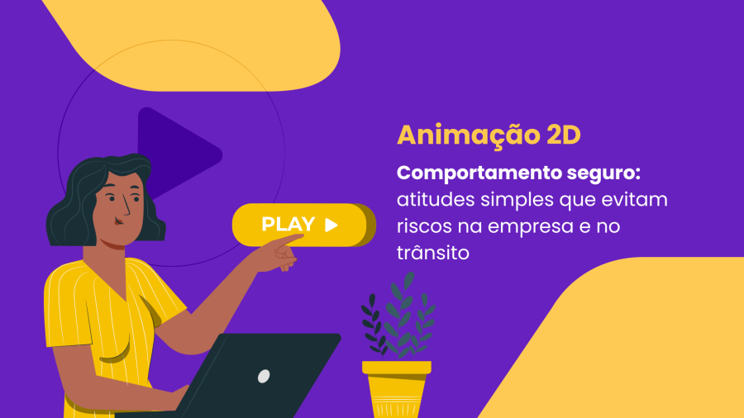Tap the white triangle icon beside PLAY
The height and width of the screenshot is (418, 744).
pos(331,225)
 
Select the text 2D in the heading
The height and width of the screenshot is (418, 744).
pos(564,135)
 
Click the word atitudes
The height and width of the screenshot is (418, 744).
pos(436,200)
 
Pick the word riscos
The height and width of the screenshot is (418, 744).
pos(425,226)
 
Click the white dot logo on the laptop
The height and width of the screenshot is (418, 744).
pos(264,377)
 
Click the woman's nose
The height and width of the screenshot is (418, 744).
pos(126,207)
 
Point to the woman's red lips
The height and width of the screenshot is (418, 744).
pos(118,221)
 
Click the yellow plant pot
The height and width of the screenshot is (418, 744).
pos(397,389)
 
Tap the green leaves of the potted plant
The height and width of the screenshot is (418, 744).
pos(398,316)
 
